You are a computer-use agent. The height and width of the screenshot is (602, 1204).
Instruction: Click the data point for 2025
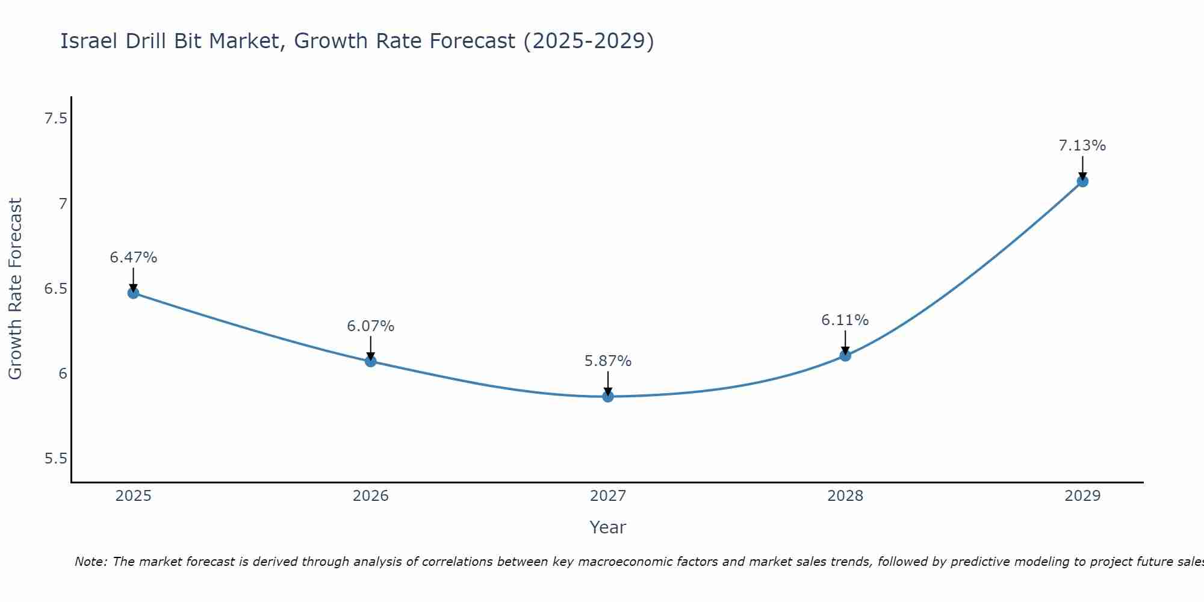133,293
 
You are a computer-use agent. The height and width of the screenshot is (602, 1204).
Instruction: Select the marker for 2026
371,361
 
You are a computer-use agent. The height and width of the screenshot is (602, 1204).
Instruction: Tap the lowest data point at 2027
608,397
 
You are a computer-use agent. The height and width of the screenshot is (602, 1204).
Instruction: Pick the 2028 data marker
845,356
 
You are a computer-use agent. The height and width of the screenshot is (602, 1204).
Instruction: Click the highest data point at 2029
1082,181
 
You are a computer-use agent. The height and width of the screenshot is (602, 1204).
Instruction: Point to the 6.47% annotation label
133,258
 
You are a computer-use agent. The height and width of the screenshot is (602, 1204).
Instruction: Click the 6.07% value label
371,326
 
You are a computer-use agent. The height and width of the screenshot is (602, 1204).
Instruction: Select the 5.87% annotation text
608,361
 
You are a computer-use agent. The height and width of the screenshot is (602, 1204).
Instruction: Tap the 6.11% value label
845,320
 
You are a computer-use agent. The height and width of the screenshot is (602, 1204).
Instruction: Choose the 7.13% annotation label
1082,146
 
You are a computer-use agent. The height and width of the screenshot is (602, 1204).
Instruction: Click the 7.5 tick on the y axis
55,119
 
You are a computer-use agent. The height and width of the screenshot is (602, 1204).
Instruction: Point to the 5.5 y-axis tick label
55,459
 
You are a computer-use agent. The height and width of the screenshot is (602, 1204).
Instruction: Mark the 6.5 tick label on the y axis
55,289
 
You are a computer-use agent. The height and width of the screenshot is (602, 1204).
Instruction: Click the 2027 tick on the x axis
608,496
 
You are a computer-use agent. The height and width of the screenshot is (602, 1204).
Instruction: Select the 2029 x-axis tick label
1082,496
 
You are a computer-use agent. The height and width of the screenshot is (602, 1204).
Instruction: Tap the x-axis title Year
608,527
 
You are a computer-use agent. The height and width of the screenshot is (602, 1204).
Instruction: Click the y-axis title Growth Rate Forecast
15,289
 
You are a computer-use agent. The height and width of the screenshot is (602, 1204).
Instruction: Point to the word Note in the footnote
90,562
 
